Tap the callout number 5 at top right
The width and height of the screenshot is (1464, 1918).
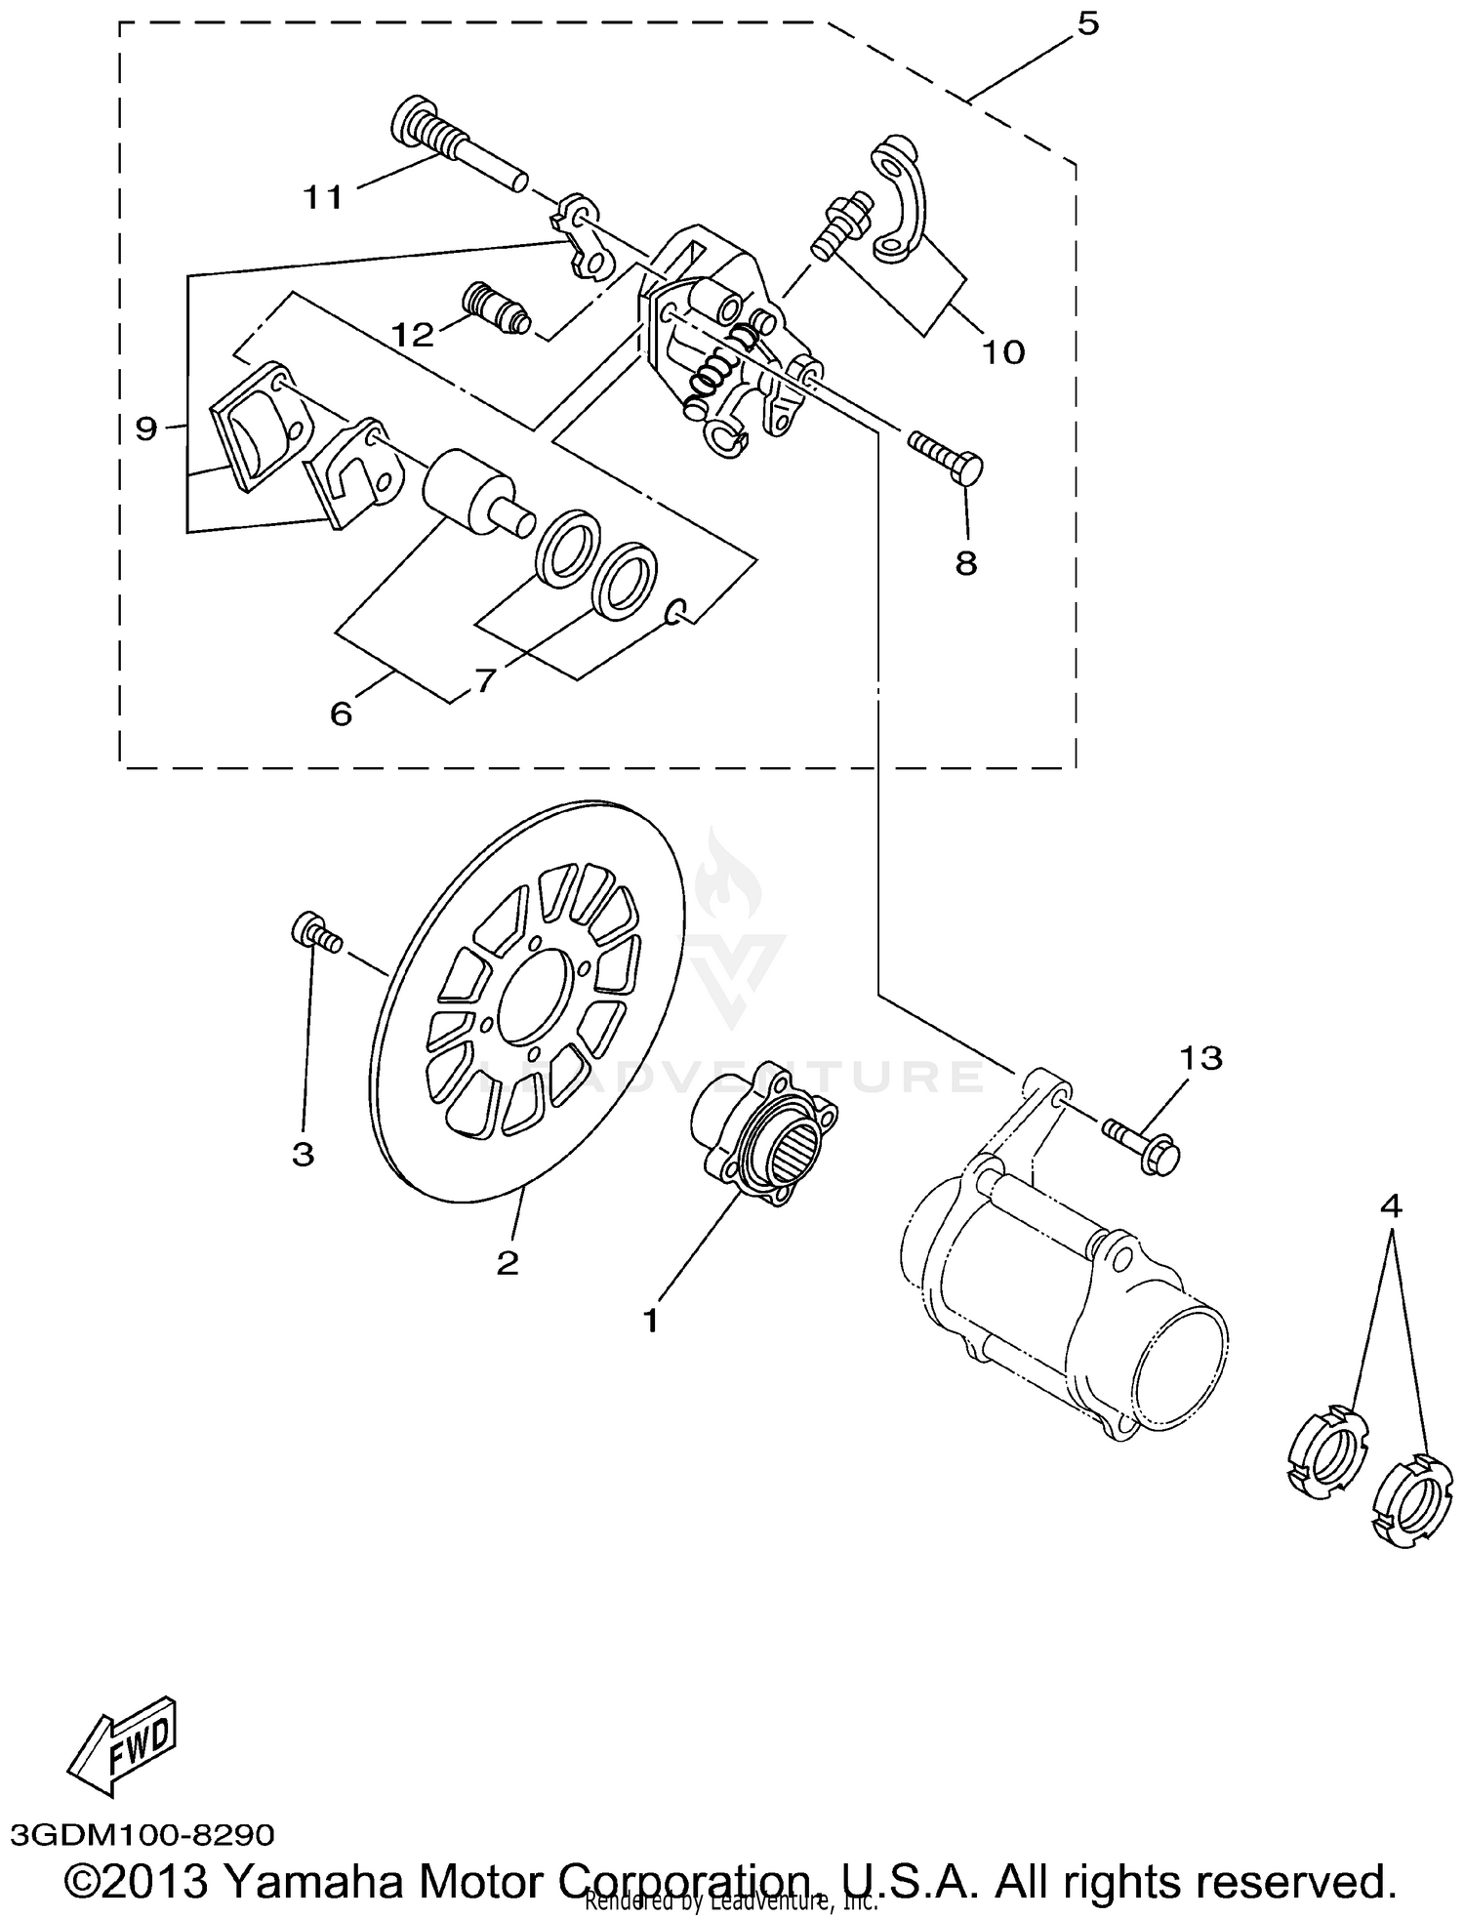click(x=1087, y=24)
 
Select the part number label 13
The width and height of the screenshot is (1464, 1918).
click(x=1200, y=1058)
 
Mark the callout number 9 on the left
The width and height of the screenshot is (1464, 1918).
click(x=146, y=428)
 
